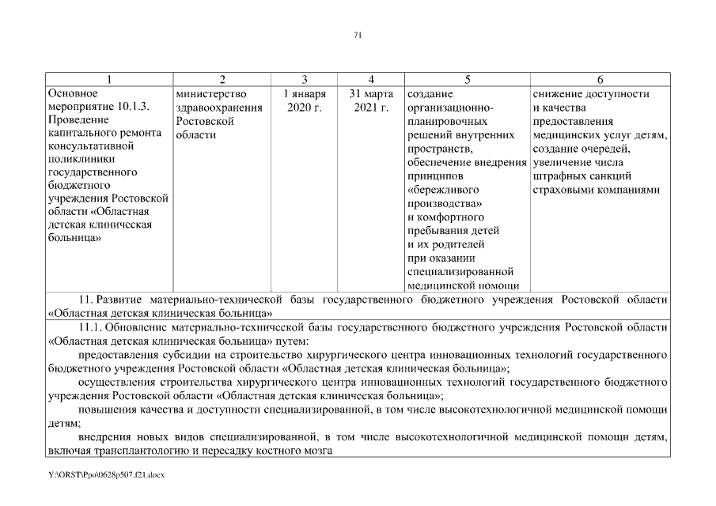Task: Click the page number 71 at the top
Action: [358, 35]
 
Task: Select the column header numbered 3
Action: [305, 80]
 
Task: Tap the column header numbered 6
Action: [600, 80]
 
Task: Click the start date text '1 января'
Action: [305, 94]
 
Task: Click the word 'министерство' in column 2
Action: [207, 94]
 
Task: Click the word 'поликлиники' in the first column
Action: [78, 158]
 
